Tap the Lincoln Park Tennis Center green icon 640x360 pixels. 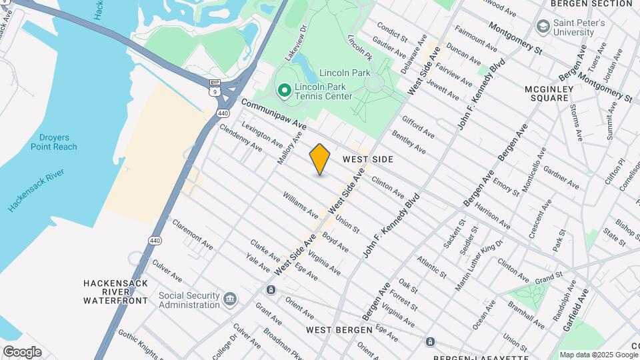[283, 90]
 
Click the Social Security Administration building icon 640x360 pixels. [230, 297]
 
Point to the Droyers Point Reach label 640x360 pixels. [53, 142]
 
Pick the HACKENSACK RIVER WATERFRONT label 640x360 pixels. [115, 292]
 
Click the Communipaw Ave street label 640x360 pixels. [273, 115]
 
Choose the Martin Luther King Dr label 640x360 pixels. [479, 267]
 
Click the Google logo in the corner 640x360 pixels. [22, 351]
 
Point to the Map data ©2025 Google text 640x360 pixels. [597, 355]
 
